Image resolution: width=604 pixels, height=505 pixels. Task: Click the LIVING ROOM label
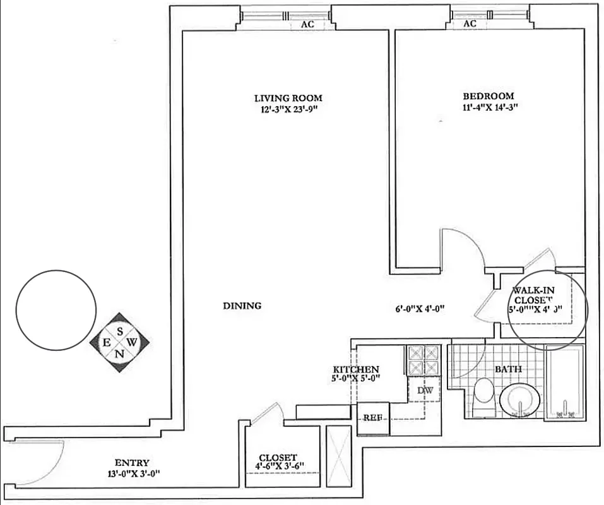(288, 98)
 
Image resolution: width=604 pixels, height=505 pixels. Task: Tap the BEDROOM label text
(489, 96)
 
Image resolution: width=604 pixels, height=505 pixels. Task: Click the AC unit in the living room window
(307, 25)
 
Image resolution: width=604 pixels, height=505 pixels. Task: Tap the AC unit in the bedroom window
(470, 23)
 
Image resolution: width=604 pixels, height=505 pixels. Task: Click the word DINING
(242, 306)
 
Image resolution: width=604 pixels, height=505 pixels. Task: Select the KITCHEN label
(356, 369)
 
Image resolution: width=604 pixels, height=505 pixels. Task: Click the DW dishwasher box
(423, 391)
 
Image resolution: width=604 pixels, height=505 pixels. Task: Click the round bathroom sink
(520, 398)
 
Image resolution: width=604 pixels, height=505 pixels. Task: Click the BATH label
(507, 369)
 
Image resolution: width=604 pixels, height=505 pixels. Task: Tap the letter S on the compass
(119, 330)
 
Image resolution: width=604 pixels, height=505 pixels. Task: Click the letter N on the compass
(119, 353)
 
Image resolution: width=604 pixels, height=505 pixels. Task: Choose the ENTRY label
(132, 463)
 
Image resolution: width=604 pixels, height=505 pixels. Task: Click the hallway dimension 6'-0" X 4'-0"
(420, 309)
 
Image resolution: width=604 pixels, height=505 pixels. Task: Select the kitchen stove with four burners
(423, 360)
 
